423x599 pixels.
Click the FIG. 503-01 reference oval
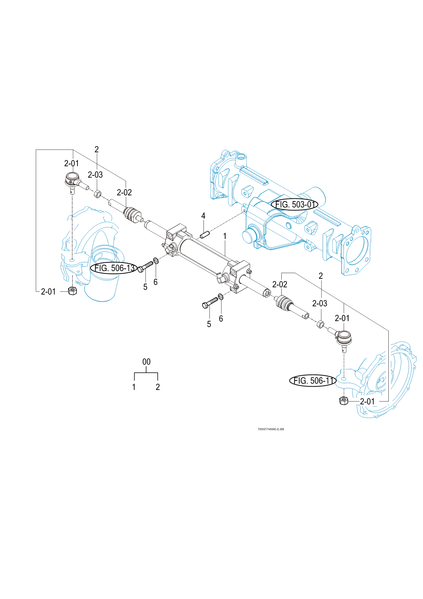[x=294, y=204]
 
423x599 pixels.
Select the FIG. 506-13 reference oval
[x=114, y=268]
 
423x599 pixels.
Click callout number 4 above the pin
[x=203, y=216]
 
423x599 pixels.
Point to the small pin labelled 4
[x=205, y=234]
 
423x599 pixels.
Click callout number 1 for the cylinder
[x=225, y=236]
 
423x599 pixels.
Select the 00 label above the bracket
[x=146, y=362]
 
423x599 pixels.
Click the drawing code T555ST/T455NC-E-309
[x=271, y=429]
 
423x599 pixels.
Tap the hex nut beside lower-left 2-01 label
[x=72, y=291]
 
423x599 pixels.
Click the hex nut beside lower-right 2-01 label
[x=343, y=401]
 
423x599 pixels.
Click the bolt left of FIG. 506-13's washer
[x=145, y=267]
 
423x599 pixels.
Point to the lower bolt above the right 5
[x=210, y=303]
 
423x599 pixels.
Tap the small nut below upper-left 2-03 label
[x=97, y=194]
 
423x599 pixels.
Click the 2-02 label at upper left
[x=124, y=193]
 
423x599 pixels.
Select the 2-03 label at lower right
[x=320, y=304]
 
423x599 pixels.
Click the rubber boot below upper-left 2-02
[x=131, y=213]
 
